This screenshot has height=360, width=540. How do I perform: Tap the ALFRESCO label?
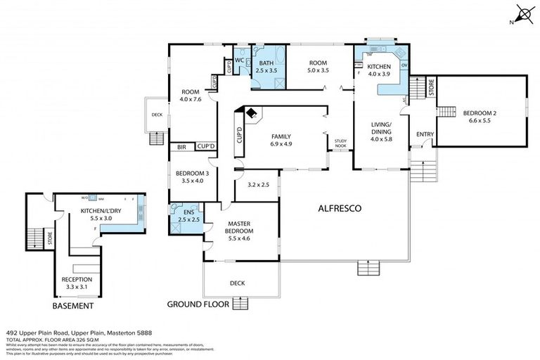pyautogui.click(x=340, y=209)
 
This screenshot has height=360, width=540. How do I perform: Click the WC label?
pyautogui.click(x=239, y=60)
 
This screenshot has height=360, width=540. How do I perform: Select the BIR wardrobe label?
pyautogui.click(x=182, y=147)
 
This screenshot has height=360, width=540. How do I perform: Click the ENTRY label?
pyautogui.click(x=425, y=134)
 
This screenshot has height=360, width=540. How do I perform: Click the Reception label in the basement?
pyautogui.click(x=77, y=283)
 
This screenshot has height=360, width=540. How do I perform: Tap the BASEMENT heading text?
pyautogui.click(x=72, y=307)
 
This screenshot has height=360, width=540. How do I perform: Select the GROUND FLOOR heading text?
pyautogui.click(x=197, y=305)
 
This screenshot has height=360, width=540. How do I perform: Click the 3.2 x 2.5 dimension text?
pyautogui.click(x=259, y=186)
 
